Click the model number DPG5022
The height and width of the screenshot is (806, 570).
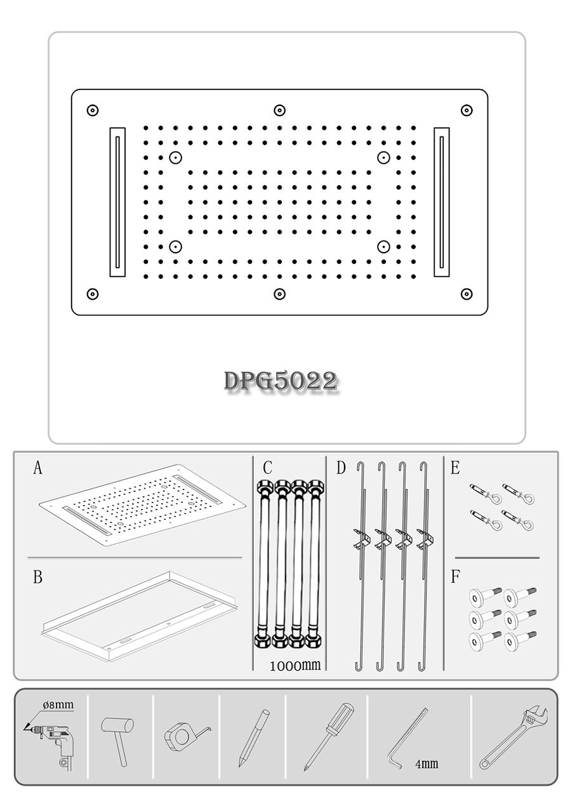tap(280, 381)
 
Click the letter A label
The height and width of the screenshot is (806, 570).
tap(37, 469)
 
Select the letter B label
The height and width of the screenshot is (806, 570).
tap(37, 578)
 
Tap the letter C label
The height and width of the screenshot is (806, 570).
tap(267, 468)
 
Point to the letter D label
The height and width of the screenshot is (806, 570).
tap(341, 468)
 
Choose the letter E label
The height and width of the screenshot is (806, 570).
tap(454, 468)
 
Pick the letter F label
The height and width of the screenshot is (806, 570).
tap(454, 577)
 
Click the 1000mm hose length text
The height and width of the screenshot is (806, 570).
tap(295, 666)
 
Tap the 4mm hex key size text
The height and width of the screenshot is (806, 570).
tap(427, 764)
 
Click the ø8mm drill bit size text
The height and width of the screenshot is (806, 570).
tap(58, 704)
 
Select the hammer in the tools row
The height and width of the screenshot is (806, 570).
tap(119, 736)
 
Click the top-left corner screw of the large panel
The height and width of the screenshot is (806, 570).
tap(93, 110)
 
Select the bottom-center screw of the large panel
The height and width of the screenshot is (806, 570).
tap(279, 294)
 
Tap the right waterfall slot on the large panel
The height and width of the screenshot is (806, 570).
tap(442, 202)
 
